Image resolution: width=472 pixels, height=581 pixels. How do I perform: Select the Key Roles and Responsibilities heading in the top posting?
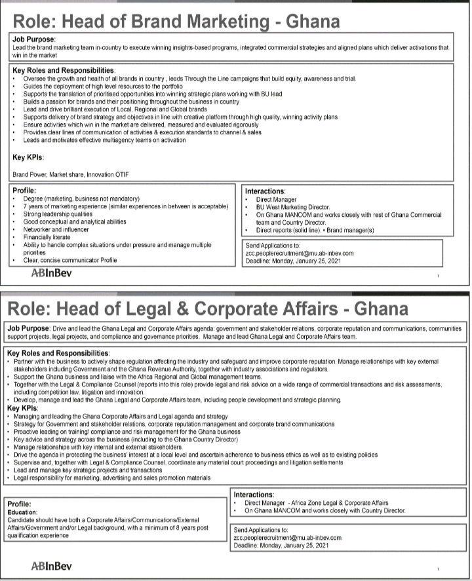click(x=64, y=71)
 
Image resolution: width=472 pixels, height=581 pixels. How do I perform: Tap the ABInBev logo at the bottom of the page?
click(x=52, y=565)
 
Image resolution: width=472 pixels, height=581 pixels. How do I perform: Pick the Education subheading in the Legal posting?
click(x=27, y=512)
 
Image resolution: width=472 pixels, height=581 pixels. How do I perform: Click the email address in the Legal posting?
click(x=288, y=537)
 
